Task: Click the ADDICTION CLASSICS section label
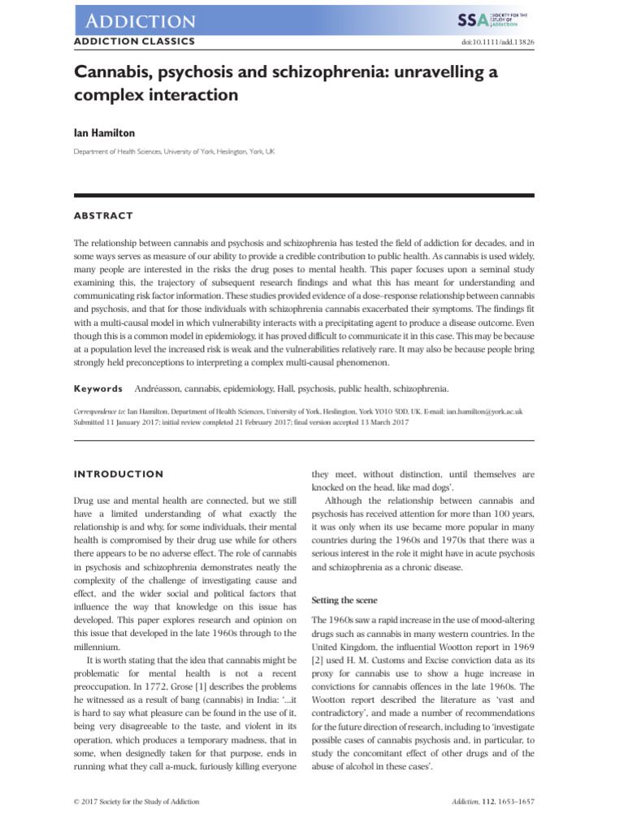click(134, 41)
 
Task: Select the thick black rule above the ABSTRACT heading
click(304, 196)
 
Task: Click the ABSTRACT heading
click(103, 216)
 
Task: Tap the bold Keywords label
click(97, 389)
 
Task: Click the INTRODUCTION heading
click(119, 474)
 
